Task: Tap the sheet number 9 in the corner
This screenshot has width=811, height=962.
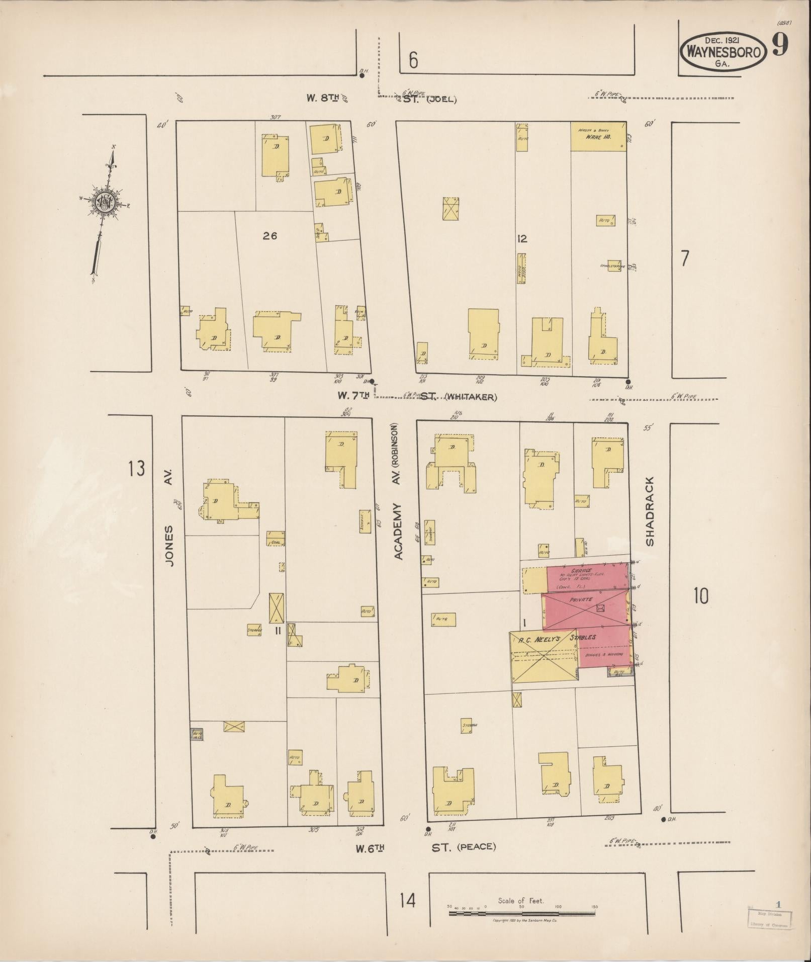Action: coord(780,46)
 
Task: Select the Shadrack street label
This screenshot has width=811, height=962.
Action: coord(650,511)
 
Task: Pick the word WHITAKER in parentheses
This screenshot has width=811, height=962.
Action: coord(471,397)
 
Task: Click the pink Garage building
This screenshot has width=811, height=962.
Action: coord(586,578)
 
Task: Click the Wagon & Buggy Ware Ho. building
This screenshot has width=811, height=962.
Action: coord(598,136)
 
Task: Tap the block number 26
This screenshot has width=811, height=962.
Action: coord(270,235)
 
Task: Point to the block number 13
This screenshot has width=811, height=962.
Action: coord(136,469)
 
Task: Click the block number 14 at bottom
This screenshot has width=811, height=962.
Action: coord(408,900)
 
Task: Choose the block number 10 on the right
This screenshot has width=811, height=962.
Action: coord(700,596)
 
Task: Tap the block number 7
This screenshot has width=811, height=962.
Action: coord(684,258)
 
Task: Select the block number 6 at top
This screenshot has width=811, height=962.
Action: coord(413,61)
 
